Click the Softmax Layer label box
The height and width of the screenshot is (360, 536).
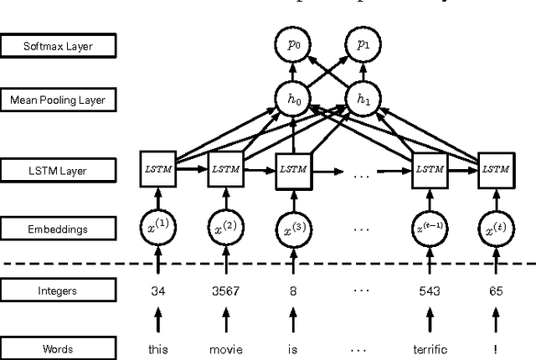point(58,46)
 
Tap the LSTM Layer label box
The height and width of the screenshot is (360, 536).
point(58,172)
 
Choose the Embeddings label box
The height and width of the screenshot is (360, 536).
point(58,228)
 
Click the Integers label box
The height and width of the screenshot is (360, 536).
point(58,291)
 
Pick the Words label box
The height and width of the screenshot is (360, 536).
point(58,347)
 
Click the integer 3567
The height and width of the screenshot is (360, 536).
point(224,291)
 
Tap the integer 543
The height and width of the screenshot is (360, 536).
point(429,291)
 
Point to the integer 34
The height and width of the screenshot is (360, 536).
point(157,291)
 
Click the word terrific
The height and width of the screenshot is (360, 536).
point(429,347)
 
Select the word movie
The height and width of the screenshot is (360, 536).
point(224,347)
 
